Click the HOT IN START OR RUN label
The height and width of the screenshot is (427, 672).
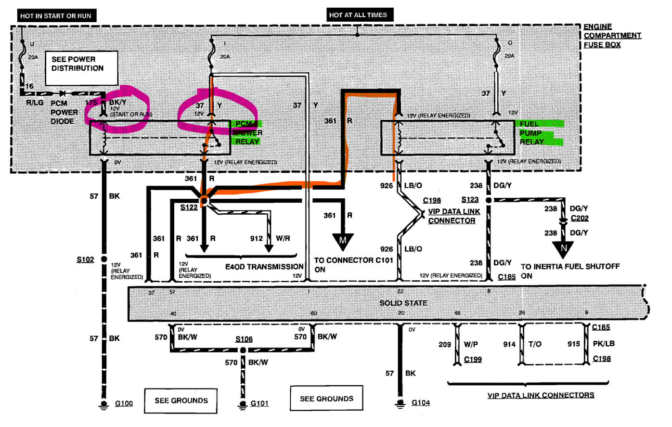tap(56, 16)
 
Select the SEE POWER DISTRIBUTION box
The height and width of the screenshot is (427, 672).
tap(81, 67)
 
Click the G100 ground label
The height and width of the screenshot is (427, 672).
tap(124, 403)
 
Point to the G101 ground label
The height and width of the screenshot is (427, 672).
tap(259, 403)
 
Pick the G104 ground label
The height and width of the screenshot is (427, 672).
tap(421, 402)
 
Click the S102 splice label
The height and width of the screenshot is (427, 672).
tap(85, 259)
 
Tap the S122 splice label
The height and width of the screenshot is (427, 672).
tap(189, 207)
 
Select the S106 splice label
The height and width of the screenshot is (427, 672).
tap(244, 339)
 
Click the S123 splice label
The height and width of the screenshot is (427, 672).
tap(470, 200)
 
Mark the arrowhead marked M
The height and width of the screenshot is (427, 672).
tap(343, 241)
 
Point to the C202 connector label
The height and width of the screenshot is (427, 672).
tap(580, 218)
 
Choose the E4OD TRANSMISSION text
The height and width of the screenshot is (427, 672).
tap(264, 266)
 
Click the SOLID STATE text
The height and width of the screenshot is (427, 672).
tap(403, 303)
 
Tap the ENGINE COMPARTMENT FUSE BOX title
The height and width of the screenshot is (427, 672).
tap(612, 36)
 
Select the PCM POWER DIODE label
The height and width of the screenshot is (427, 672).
tap(64, 112)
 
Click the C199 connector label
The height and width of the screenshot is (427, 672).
tap(473, 359)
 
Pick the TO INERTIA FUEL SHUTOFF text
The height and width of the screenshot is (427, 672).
tap(570, 266)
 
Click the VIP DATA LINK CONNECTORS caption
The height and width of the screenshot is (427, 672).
tap(541, 395)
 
